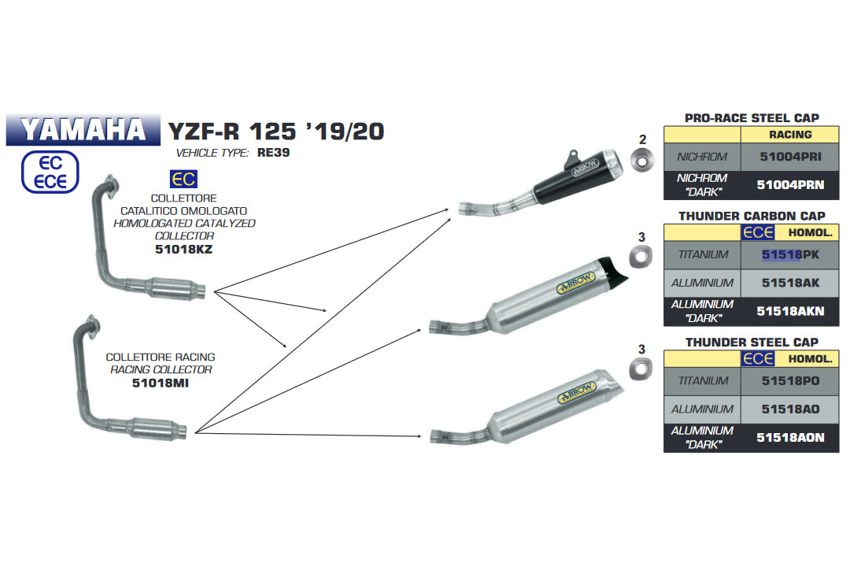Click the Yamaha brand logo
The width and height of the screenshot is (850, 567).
pyautogui.click(x=83, y=129)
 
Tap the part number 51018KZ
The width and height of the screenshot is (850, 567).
pyautogui.click(x=183, y=250)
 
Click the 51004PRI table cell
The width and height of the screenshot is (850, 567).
pyautogui.click(x=790, y=157)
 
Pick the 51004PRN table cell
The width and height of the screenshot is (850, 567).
pyautogui.click(x=790, y=185)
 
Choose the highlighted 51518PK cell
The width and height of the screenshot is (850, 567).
pyautogui.click(x=790, y=255)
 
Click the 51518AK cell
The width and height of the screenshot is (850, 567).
pyautogui.click(x=790, y=283)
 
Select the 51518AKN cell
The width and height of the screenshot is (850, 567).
pyautogui.click(x=790, y=311)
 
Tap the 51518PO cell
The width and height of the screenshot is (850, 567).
pyautogui.click(x=790, y=381)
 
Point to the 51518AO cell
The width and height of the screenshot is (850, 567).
pyautogui.click(x=790, y=409)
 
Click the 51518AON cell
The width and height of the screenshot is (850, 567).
pyautogui.click(x=790, y=437)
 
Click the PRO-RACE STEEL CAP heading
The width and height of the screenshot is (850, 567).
pyautogui.click(x=751, y=118)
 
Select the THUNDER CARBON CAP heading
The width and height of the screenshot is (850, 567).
pyautogui.click(x=751, y=216)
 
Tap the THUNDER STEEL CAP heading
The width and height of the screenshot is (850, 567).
pyautogui.click(x=751, y=343)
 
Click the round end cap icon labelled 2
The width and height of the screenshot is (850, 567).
pyautogui.click(x=642, y=161)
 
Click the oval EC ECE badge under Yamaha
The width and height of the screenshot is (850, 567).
pyautogui.click(x=50, y=172)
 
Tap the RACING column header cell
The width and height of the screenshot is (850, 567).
pyautogui.click(x=790, y=135)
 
